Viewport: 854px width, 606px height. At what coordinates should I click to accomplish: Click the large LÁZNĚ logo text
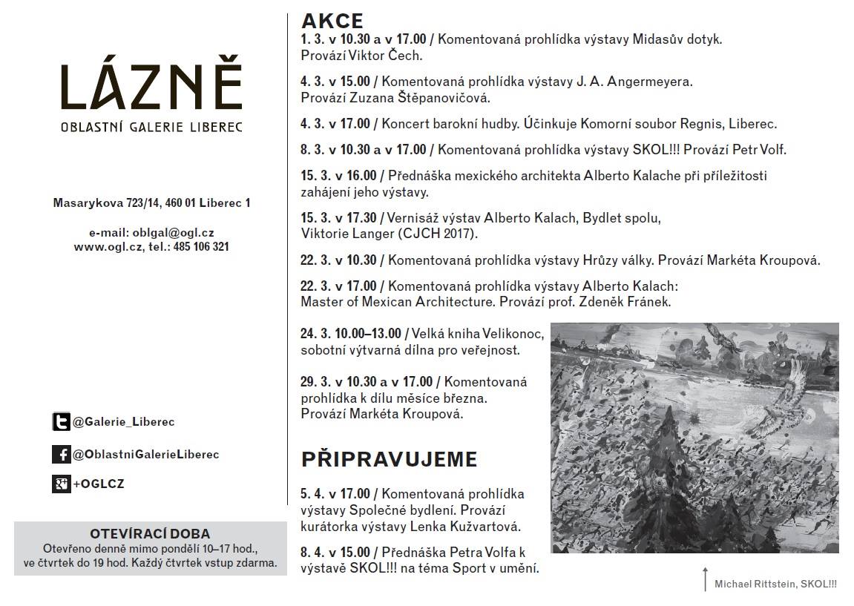[151, 87]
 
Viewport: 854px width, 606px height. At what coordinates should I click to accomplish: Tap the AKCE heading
[332, 21]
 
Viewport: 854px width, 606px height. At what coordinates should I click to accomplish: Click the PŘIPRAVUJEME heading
[389, 459]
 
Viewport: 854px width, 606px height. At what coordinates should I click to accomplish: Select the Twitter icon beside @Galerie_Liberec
[61, 422]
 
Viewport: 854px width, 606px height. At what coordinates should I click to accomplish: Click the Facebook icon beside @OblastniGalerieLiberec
[61, 454]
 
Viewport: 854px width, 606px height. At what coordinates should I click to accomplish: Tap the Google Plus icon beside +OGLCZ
[61, 484]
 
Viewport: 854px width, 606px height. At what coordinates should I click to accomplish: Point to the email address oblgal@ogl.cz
[174, 232]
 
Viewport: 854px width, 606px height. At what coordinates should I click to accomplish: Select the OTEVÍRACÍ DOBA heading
[150, 533]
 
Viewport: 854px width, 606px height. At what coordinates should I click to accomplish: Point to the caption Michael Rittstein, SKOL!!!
[775, 584]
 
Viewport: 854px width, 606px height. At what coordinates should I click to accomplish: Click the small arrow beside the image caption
[705, 579]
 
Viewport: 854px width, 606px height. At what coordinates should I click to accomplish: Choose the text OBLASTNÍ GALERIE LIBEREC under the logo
[151, 128]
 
